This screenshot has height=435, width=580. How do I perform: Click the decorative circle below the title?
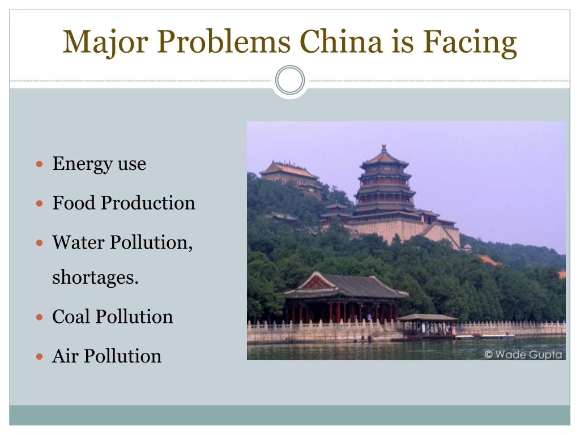pos(290,80)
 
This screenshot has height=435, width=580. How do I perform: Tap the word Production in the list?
pos(148,203)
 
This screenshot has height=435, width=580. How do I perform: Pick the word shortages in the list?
pos(95,279)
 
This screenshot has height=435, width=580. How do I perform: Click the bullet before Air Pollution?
pos(39,357)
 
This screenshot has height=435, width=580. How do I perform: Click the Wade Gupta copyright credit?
pos(522,355)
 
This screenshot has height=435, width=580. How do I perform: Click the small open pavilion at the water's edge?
pos(427,325)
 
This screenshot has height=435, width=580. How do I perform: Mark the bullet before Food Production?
pos(39,203)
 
